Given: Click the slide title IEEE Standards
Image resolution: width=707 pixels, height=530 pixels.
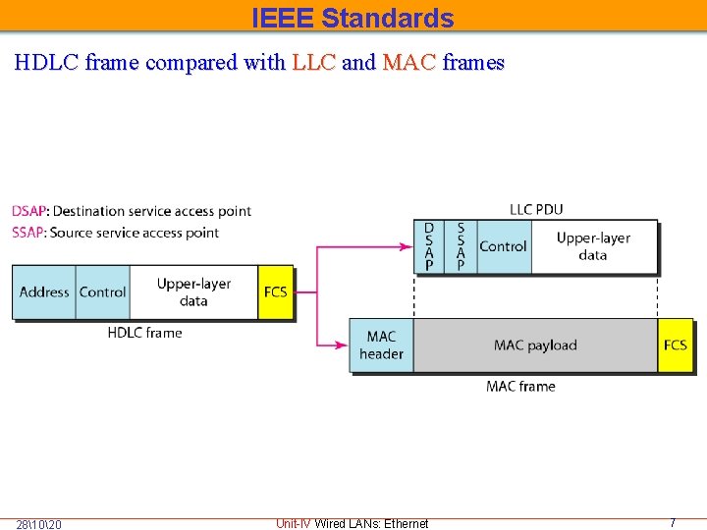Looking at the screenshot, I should (353, 18).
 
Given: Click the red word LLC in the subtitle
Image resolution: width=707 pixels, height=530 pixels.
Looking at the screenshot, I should (314, 63).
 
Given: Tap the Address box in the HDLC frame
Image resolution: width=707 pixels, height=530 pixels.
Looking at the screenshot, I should (44, 291).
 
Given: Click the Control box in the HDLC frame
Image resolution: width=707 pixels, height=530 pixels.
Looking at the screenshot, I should (102, 291).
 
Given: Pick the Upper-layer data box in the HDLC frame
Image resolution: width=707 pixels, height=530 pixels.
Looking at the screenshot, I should (193, 291).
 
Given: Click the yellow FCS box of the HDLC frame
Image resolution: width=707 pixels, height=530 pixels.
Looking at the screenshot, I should (276, 291).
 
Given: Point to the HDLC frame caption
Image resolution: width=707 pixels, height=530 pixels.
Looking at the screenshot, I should (144, 333).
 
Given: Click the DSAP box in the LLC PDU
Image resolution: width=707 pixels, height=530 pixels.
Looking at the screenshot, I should (429, 246).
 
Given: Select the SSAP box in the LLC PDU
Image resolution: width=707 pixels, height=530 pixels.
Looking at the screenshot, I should (461, 246).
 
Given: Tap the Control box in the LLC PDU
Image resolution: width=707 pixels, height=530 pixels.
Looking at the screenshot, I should (503, 246).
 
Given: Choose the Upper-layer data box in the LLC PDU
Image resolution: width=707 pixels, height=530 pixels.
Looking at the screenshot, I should (593, 246).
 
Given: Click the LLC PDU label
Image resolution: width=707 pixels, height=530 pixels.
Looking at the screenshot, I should (536, 209).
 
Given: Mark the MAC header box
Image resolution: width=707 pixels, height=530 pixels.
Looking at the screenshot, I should (381, 344).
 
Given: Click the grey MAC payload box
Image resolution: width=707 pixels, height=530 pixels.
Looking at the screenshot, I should (535, 344).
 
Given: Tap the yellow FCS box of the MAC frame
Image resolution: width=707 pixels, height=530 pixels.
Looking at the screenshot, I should (676, 344).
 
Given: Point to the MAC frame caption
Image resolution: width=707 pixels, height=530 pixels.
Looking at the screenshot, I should (520, 386).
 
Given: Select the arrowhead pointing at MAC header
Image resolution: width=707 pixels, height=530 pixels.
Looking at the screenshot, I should (344, 344).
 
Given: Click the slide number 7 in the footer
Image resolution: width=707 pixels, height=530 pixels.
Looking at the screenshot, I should (673, 523).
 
